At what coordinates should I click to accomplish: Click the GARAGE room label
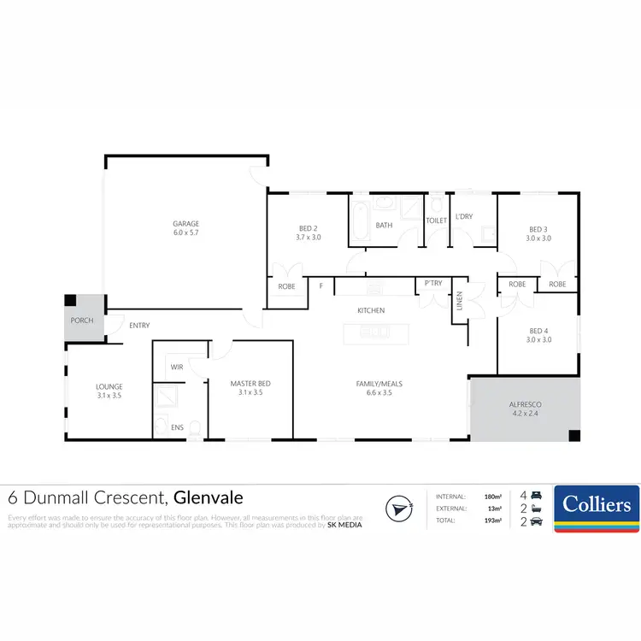185,224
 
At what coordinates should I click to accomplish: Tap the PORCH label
82,321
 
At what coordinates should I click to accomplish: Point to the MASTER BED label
250,384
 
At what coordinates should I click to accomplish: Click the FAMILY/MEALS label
379,384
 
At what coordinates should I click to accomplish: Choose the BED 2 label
308,228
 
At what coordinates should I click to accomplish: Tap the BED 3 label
538,229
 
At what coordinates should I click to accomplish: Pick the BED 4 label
538,331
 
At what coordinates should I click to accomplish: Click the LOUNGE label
109,386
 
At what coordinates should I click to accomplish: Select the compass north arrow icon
395,508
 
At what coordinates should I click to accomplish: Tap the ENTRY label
139,326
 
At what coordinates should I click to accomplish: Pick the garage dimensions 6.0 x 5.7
185,233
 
